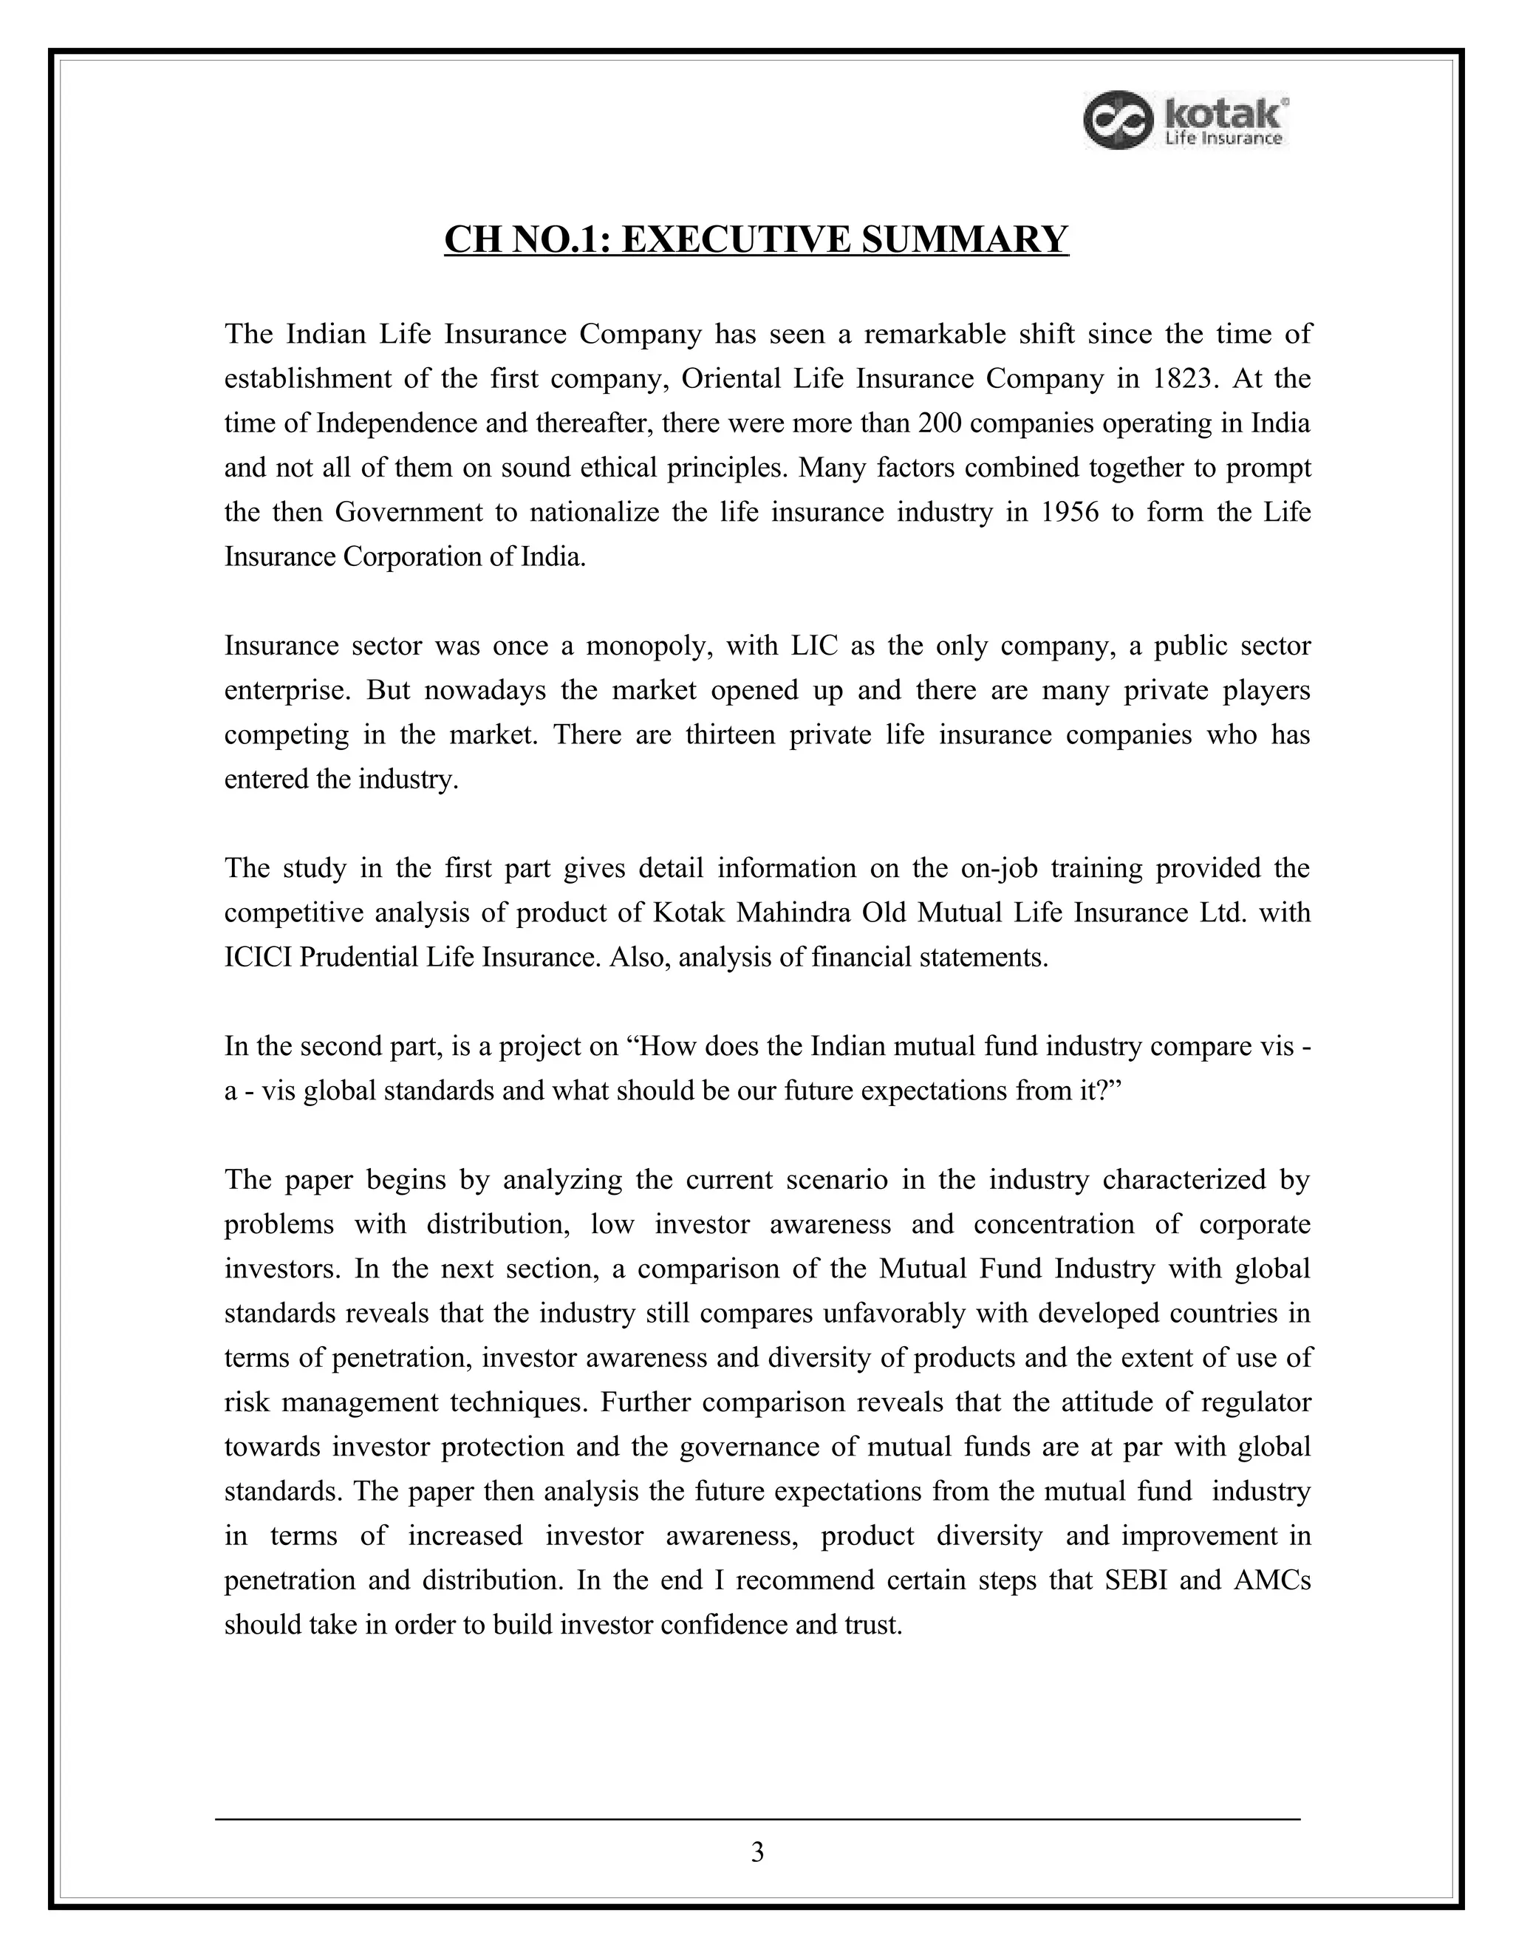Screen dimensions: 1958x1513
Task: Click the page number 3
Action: (x=757, y=1852)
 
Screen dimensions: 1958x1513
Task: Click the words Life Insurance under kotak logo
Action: (x=1223, y=138)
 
